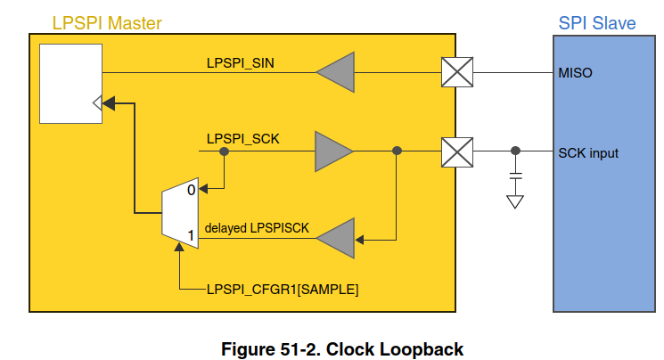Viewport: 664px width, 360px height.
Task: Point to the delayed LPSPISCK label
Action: (257, 228)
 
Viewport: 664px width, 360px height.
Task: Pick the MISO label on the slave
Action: (576, 71)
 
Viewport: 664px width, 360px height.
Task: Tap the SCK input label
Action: (588, 153)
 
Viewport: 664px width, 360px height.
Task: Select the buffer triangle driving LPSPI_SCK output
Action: (333, 151)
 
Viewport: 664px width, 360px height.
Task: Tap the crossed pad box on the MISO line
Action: (457, 72)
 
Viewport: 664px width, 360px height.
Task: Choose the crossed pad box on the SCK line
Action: (457, 151)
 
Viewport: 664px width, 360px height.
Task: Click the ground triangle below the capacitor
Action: (514, 202)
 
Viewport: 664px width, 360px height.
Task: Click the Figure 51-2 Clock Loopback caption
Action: (342, 348)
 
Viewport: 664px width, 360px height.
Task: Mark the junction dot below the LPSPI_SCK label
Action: (225, 151)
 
